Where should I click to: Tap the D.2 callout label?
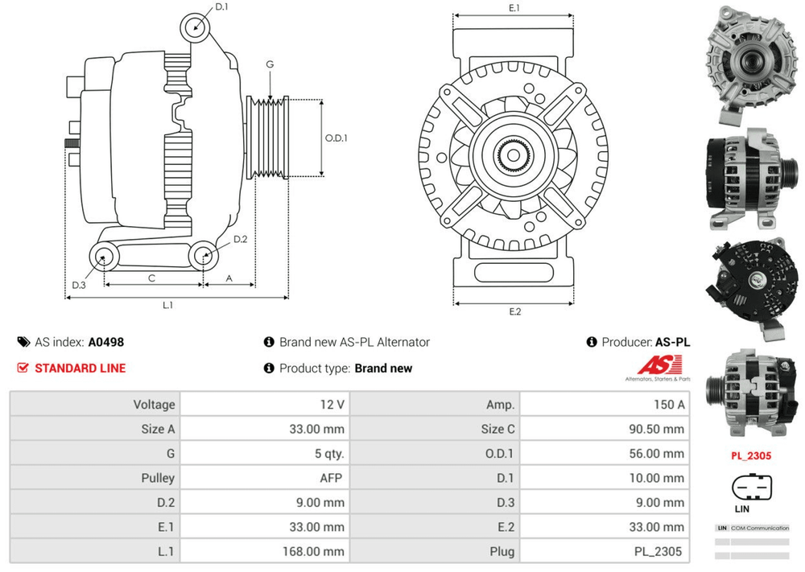(x=240, y=239)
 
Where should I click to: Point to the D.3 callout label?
(x=78, y=286)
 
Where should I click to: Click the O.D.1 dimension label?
(x=336, y=138)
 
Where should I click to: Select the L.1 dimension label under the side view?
(x=168, y=306)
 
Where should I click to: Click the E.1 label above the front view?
(x=514, y=8)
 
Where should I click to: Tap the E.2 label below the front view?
(x=514, y=312)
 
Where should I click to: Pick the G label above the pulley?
(x=270, y=64)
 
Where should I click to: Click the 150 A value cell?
(x=669, y=405)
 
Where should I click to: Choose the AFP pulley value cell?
(x=331, y=478)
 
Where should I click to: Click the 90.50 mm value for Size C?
(x=656, y=429)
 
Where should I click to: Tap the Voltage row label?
(x=154, y=405)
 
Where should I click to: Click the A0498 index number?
(x=106, y=342)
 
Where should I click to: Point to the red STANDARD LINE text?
(x=80, y=368)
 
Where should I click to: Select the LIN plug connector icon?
(x=751, y=487)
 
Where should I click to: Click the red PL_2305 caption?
(x=751, y=456)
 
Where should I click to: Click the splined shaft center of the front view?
(x=514, y=153)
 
